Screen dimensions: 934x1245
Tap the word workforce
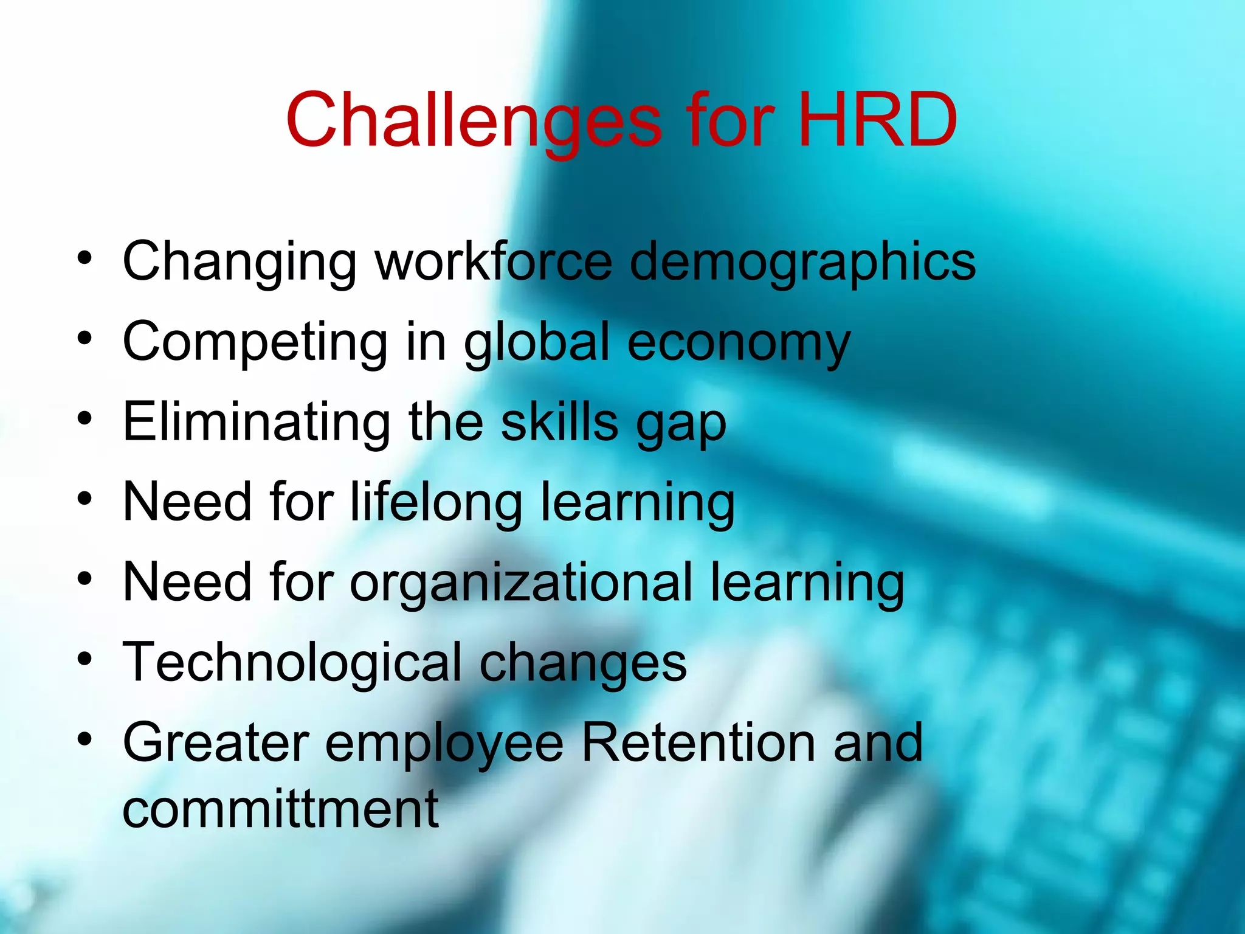494,261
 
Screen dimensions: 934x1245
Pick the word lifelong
436,503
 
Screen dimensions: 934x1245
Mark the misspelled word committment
280,809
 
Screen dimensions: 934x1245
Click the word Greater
216,742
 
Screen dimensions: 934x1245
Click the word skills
559,422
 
